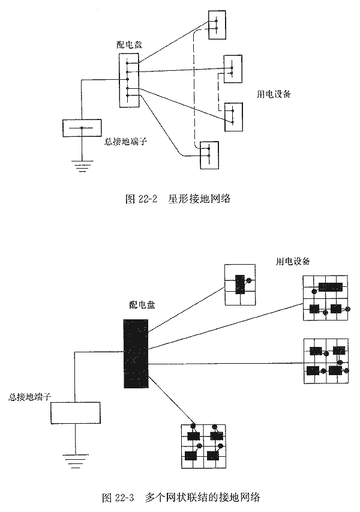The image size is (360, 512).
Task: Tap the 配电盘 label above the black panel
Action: tap(142, 305)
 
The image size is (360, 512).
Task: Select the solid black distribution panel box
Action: tap(136, 354)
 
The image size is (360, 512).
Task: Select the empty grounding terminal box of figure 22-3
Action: tap(76, 414)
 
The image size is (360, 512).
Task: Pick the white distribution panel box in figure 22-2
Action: tap(128, 80)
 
